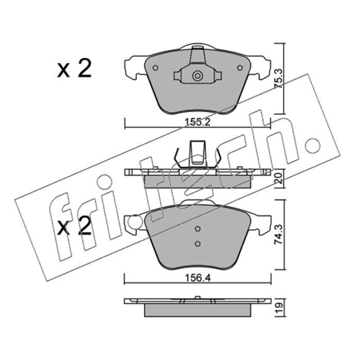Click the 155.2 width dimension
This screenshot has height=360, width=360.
198,122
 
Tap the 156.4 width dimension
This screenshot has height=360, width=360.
198,278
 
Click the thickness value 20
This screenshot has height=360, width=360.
279,178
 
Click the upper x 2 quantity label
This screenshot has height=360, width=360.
74,68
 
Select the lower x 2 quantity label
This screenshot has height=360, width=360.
74,226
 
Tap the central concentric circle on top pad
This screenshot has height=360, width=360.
197,76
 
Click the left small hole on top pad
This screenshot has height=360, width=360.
155,68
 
